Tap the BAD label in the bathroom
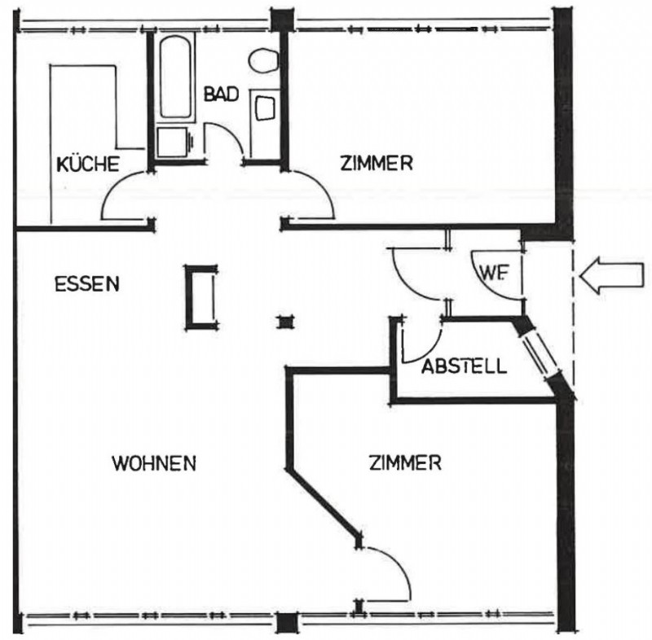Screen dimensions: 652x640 (x=221, y=94)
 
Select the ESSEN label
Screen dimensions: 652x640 (x=87, y=284)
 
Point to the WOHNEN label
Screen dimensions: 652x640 (x=154, y=463)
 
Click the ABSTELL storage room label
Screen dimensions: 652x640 (x=465, y=366)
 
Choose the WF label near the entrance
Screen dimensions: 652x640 (x=494, y=273)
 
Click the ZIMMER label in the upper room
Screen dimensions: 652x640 (x=377, y=163)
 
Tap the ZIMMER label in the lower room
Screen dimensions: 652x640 (x=405, y=462)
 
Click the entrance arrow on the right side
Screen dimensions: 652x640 (x=611, y=275)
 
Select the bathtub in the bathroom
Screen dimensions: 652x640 (x=175, y=77)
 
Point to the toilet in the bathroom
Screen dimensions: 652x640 (x=263, y=61)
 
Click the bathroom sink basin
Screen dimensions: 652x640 (x=265, y=108)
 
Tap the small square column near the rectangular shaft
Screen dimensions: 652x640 (x=285, y=322)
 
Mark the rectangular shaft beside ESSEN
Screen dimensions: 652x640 (x=201, y=297)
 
